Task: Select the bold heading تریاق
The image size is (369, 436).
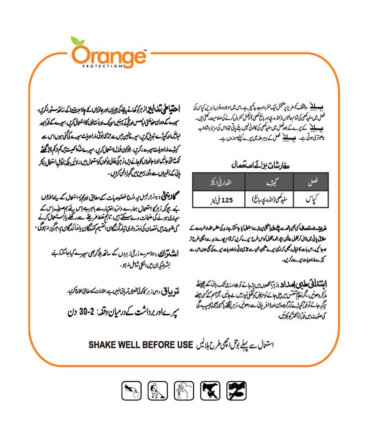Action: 171,291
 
